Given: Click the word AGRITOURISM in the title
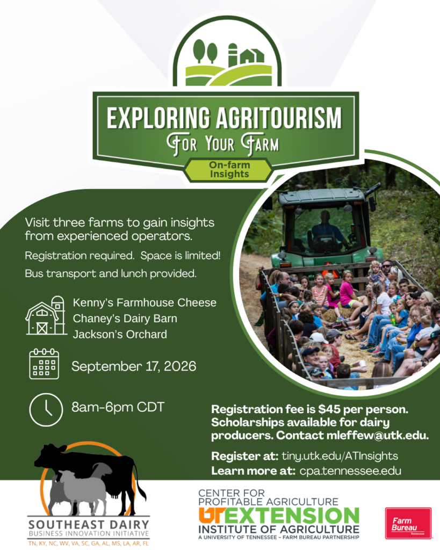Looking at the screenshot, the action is pos(278,118).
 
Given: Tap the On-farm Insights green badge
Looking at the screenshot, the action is pos(229,170).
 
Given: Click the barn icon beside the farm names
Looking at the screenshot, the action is pos(46,315).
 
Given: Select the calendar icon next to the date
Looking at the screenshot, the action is pos(44,364).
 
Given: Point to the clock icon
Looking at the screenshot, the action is pos(46,410).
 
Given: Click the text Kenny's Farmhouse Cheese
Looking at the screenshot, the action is pos(145,303).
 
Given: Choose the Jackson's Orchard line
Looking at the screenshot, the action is pos(120,334).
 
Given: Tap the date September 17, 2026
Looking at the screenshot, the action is pos(134,366).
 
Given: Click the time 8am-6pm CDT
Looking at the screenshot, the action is pos(118,407).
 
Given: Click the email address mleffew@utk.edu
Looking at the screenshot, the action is pos(378,435).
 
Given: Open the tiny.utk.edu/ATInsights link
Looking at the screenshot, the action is pos(340,456).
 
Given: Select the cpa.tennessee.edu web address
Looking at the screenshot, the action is pos(350,471).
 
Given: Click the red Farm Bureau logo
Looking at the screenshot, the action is pos(408,523).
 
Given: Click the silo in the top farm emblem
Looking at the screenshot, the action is pos(233,55).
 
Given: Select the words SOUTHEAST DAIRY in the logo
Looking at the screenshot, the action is pos(89,525).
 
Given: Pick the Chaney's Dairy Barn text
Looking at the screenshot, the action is pos(125,319).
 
